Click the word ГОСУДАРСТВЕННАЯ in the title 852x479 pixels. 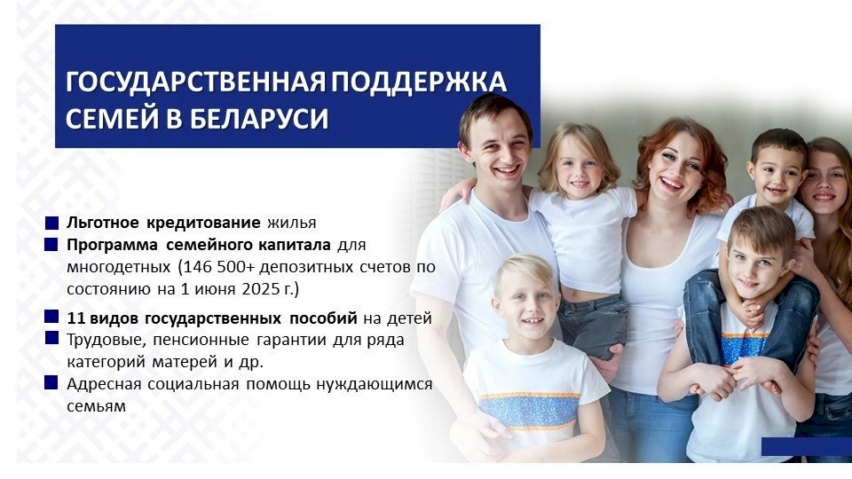(195, 82)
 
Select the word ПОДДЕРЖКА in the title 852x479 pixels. (419, 82)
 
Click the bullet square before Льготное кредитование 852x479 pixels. (51, 223)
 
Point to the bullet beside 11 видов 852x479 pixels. (51, 316)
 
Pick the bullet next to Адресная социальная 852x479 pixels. (51, 382)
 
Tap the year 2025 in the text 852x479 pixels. (261, 289)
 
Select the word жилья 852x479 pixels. (292, 224)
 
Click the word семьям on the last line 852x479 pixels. (96, 406)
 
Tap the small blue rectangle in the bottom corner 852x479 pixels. (807, 446)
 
